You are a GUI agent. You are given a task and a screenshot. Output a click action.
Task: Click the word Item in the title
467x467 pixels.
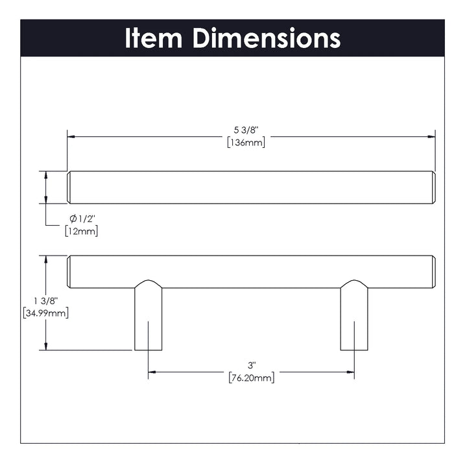coord(153,38)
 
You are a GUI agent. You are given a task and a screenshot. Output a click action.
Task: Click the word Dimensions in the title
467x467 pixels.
coord(266,38)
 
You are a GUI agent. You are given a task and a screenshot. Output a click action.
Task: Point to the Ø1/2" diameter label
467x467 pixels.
coord(82,219)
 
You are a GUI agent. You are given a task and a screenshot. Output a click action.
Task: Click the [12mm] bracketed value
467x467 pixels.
coord(81,231)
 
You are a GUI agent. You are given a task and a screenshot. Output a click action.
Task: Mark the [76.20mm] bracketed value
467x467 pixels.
coord(252,378)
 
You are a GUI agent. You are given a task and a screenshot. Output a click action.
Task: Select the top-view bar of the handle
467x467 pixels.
coord(251,187)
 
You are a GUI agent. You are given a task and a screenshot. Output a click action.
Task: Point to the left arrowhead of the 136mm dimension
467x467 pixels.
coord(71,137)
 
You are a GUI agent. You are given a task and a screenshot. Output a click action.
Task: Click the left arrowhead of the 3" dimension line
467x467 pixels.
coord(152,372)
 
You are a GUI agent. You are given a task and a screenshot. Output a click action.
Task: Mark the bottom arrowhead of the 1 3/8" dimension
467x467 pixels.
coord(45,346)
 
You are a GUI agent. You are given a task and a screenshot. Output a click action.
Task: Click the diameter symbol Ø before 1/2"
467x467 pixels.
coord(73,219)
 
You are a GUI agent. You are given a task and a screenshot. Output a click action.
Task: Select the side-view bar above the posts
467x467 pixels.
coord(251,272)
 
